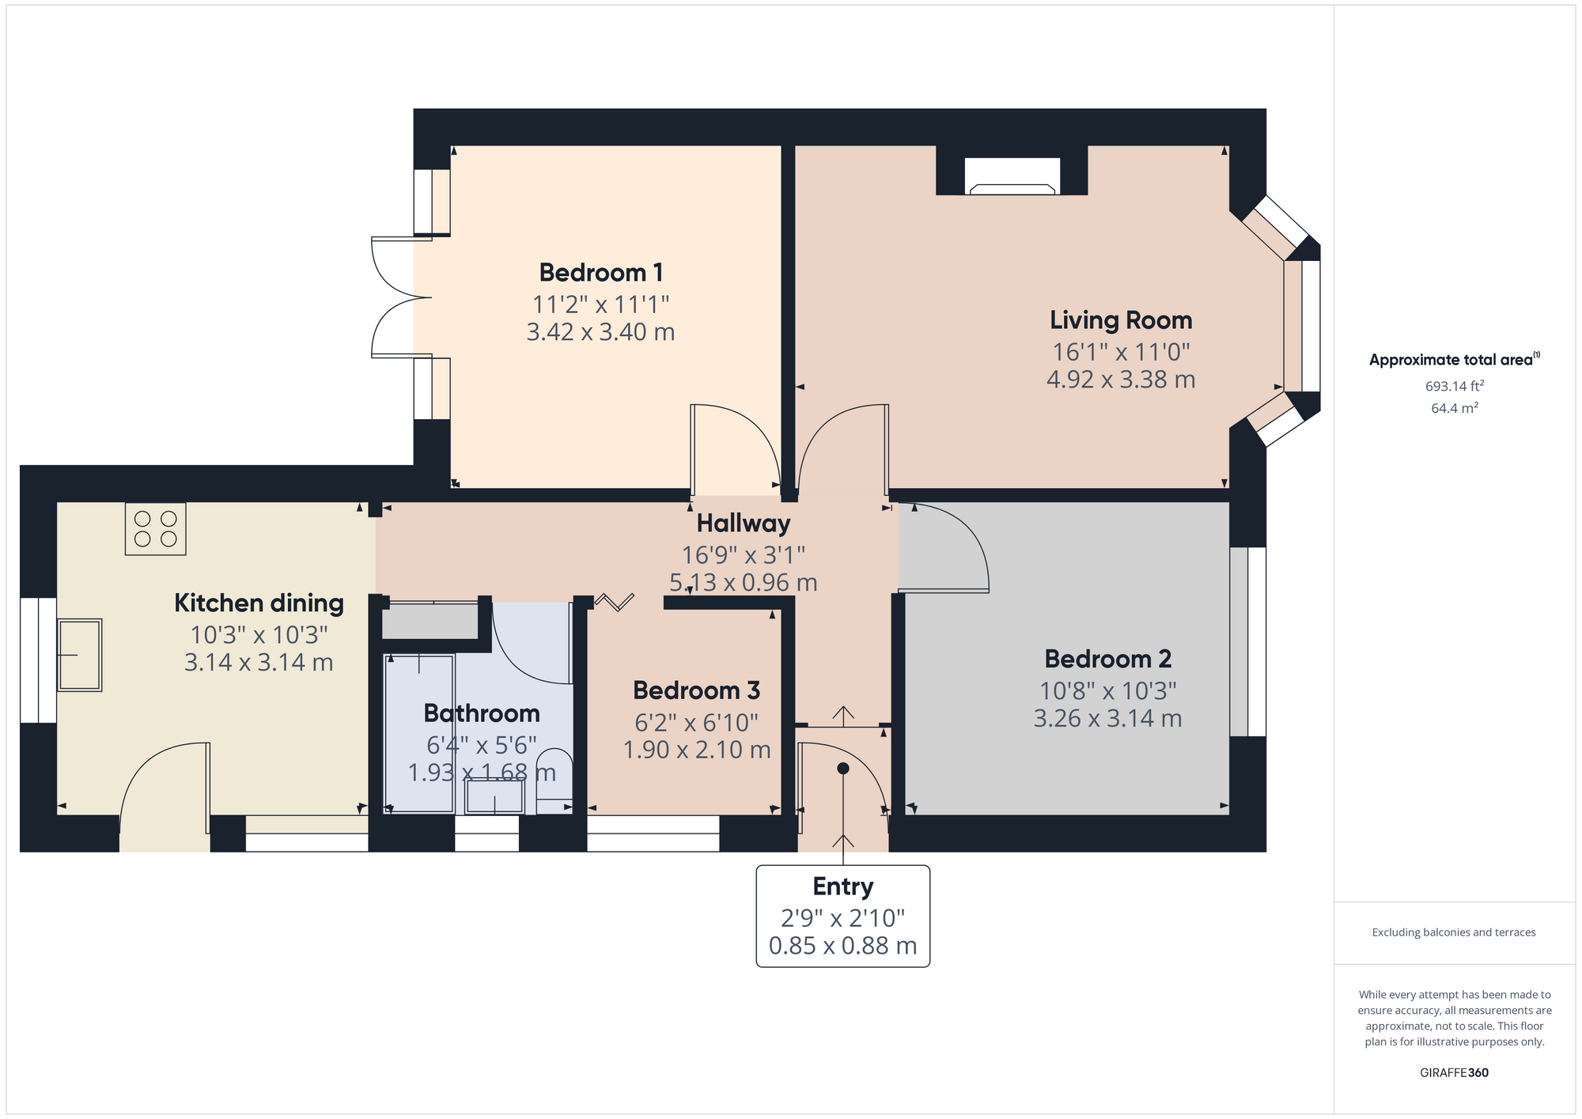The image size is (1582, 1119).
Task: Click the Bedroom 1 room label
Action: tap(600, 273)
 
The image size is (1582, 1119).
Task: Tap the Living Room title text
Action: tap(1120, 320)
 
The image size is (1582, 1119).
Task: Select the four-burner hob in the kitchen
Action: tap(155, 529)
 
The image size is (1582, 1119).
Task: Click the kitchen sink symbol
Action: tap(79, 655)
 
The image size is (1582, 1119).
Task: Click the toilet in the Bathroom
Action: tap(554, 779)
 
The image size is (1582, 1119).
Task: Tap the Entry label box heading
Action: tap(842, 887)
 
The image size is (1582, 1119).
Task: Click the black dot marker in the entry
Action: tap(842, 769)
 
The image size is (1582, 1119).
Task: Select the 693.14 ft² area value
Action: tap(1454, 386)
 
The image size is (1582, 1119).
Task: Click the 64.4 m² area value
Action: tap(1454, 408)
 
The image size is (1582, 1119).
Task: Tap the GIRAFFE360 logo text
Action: tap(1454, 1073)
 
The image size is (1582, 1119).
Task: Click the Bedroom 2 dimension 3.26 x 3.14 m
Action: tap(1107, 719)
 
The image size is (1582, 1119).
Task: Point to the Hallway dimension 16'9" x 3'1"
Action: tap(743, 555)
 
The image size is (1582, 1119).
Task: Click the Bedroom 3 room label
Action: tap(696, 690)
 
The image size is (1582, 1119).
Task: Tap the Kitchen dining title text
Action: tap(259, 603)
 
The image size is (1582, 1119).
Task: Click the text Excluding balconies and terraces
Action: tap(1453, 932)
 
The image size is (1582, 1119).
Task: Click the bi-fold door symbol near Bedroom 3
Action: tap(615, 603)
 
